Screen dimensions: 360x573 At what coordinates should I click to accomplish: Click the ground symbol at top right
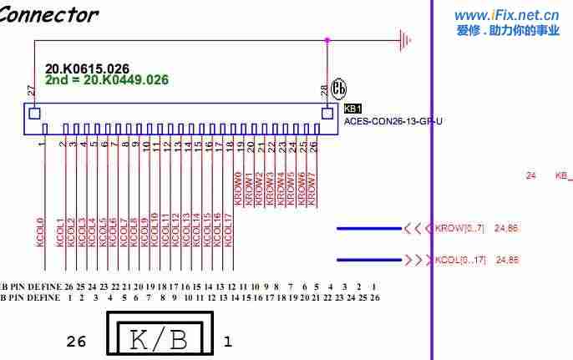(406, 39)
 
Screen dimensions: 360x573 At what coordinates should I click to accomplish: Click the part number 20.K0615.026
(87, 68)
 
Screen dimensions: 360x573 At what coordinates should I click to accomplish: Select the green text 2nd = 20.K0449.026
(107, 80)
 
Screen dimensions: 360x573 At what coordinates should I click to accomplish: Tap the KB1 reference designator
(352, 109)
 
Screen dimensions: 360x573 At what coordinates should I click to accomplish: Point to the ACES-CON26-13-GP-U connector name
(393, 121)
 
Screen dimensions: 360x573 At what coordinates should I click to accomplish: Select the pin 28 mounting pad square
(327, 112)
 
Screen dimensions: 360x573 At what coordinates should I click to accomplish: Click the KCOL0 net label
(39, 231)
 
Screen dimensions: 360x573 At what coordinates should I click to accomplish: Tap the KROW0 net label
(238, 189)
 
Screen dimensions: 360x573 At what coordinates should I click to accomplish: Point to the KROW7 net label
(312, 189)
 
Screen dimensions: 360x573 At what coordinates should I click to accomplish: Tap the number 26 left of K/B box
(76, 341)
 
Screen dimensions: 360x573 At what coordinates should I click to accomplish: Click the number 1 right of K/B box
(227, 341)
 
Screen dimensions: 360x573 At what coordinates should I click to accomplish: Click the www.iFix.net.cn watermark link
(506, 15)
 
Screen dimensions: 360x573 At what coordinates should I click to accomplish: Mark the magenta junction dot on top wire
(327, 39)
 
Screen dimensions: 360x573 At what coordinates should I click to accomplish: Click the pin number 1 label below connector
(41, 144)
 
